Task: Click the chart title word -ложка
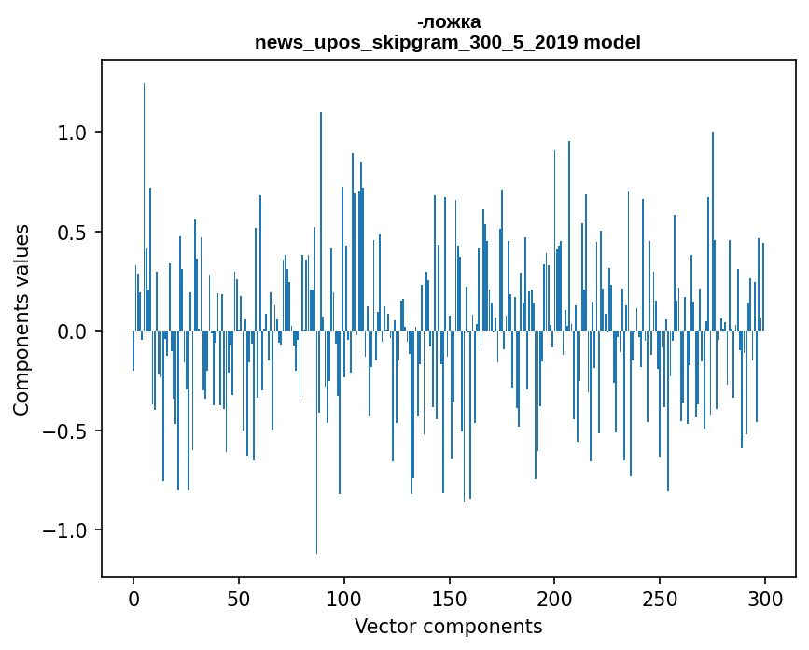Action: click(449, 21)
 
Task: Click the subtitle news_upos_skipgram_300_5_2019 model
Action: click(449, 42)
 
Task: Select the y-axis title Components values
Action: click(21, 319)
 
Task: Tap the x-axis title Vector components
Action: click(448, 627)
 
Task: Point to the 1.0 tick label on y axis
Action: click(73, 133)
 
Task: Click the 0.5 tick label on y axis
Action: click(73, 233)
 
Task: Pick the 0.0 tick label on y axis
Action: click(73, 332)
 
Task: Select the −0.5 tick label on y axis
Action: click(67, 431)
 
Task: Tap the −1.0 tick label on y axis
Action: click(67, 530)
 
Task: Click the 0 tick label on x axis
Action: click(133, 598)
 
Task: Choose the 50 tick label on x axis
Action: click(239, 598)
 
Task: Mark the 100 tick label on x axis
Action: click(344, 598)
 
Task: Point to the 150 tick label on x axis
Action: click(449, 598)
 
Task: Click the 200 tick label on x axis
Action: click(554, 598)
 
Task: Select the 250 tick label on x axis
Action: click(660, 598)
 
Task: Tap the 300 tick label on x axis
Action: click(765, 598)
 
